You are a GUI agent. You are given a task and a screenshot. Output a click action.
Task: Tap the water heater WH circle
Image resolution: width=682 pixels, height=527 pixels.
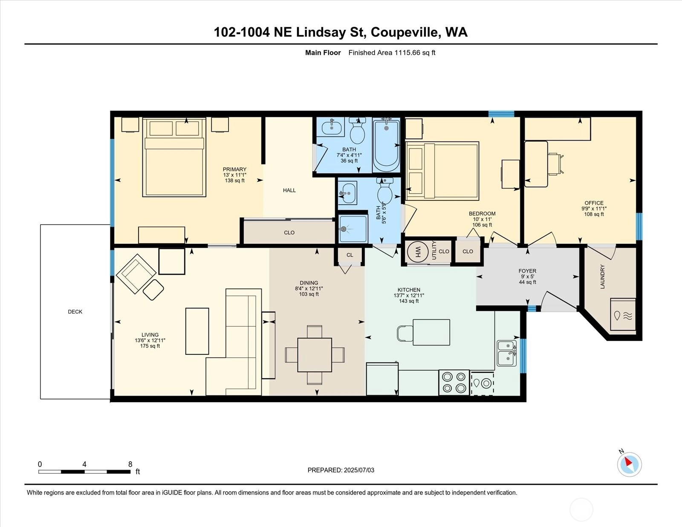point(417,252)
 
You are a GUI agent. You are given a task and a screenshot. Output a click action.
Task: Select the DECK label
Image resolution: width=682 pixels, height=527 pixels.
point(75,312)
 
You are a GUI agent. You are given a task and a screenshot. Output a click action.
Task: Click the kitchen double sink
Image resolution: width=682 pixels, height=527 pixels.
point(507,353)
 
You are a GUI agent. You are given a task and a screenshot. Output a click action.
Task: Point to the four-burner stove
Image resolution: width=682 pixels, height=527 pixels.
point(454,382)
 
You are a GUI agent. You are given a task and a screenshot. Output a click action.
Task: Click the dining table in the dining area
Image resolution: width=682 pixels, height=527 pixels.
point(315,355)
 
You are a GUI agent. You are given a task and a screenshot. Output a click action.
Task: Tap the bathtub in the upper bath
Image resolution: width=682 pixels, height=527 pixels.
point(386,145)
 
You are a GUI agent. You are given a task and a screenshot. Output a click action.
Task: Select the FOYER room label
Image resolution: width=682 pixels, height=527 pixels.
point(527,271)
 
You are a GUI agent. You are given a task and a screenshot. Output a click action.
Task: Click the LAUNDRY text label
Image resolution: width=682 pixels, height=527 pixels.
point(602,277)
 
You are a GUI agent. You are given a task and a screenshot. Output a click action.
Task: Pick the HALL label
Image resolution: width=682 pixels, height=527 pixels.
point(289,190)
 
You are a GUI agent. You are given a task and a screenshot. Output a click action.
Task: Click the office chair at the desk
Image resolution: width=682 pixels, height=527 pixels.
point(555,164)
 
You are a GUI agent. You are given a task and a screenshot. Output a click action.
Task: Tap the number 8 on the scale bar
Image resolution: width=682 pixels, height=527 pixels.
point(130,464)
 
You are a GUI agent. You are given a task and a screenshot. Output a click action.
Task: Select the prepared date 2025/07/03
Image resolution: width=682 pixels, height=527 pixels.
point(359,470)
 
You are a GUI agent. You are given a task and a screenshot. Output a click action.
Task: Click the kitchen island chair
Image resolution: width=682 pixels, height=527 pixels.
point(405,333)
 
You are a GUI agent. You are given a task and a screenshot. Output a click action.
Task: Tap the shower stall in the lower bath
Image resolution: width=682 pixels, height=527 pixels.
point(353,229)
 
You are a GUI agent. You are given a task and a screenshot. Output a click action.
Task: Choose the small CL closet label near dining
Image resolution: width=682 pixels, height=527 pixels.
point(350,255)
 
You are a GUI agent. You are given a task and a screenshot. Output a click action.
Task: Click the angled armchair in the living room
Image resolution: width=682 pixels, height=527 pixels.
point(136,274)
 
